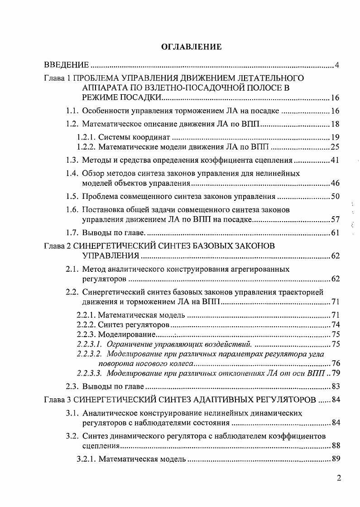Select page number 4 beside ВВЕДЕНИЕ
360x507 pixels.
click(337, 65)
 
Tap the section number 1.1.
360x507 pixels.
click(72, 111)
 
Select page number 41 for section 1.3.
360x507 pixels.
click(335, 159)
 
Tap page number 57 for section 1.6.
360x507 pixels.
click(335, 220)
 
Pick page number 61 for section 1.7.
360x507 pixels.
click(335, 233)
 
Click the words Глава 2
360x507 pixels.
click(58, 246)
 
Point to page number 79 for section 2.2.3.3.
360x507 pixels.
click(335, 373)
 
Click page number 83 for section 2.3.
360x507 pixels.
click(335, 386)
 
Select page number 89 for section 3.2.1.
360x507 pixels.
click(335, 459)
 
